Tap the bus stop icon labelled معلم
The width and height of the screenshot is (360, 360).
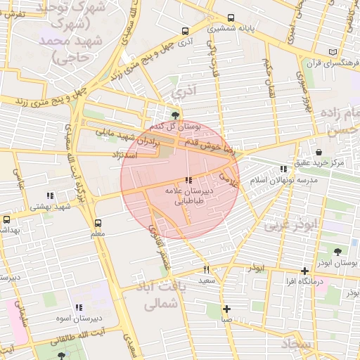97,223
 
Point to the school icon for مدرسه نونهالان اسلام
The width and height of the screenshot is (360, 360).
283,169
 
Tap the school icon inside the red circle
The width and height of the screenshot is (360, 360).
188,181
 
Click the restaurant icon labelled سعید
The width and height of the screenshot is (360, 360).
206,269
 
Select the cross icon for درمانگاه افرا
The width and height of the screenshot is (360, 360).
304,271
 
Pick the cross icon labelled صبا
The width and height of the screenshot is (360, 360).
226,309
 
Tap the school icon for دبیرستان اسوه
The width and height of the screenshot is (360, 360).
79,307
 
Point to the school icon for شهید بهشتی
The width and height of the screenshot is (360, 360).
49,195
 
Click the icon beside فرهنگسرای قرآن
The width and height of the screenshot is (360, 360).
332,52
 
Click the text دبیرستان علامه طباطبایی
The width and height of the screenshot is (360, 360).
188,196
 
